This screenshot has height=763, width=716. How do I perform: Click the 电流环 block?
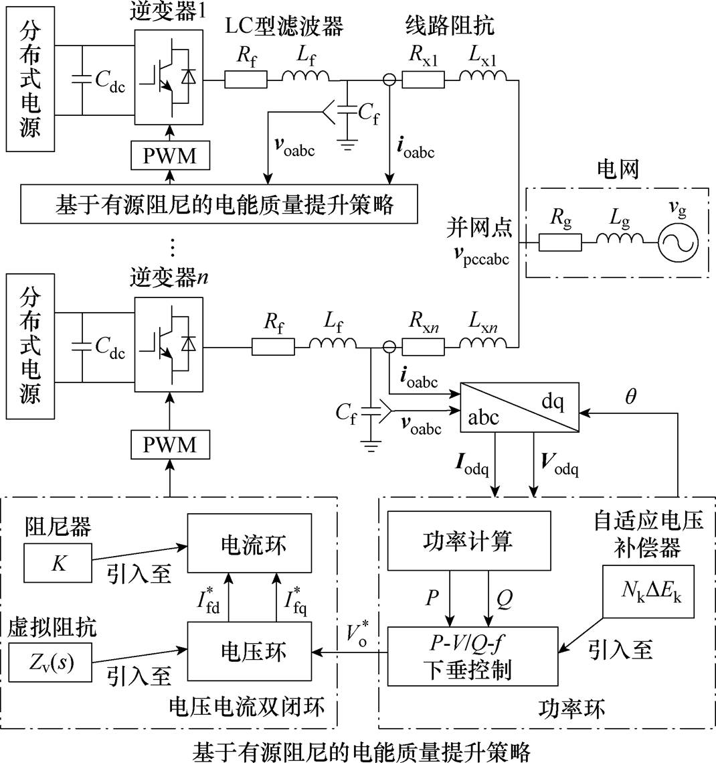click(250, 543)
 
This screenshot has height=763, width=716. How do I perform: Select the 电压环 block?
click(250, 651)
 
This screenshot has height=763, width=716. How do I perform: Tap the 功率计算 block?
click(468, 540)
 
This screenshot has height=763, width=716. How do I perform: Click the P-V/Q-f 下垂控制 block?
click(472, 656)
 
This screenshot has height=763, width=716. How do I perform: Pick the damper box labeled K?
click(58, 563)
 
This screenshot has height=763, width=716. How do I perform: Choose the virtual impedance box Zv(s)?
click(51, 663)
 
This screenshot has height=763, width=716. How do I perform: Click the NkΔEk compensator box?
click(648, 592)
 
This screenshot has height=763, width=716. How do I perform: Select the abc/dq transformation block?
click(520, 407)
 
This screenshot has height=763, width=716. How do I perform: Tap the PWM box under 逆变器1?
click(170, 155)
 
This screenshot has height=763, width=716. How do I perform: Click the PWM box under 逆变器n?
click(170, 444)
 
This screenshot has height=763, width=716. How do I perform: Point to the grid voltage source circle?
click(678, 242)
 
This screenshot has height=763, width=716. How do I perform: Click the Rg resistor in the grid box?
click(560, 242)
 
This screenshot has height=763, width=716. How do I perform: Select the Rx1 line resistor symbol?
click(423, 79)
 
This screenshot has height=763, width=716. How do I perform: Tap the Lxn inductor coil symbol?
click(483, 342)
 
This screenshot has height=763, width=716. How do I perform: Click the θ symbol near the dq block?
click(630, 397)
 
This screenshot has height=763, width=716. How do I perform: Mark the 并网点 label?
click(479, 228)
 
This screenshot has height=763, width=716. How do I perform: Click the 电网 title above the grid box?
click(618, 169)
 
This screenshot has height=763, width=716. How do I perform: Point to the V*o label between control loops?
click(357, 632)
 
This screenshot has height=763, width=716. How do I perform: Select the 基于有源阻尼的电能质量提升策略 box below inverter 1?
click(219, 204)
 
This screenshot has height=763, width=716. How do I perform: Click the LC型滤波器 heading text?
click(284, 25)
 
